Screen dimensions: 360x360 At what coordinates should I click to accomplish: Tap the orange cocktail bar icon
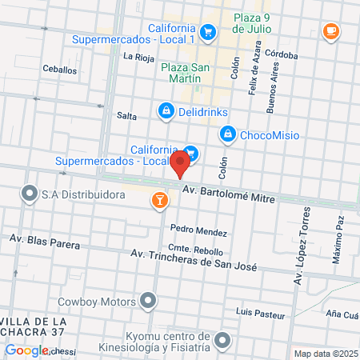(x=159, y=200)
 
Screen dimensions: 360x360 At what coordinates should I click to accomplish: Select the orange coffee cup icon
(x=330, y=30)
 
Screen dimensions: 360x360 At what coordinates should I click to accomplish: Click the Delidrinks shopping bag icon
(x=166, y=110)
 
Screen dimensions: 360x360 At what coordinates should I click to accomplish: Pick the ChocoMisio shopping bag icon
(x=228, y=134)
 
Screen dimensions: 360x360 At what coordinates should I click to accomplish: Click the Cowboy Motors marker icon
(x=148, y=302)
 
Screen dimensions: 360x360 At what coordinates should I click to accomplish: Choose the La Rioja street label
(x=138, y=57)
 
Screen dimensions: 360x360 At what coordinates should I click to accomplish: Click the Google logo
(x=26, y=350)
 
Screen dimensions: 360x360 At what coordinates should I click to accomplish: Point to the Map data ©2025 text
(x=325, y=354)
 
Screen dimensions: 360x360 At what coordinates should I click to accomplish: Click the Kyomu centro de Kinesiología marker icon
(x=222, y=342)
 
